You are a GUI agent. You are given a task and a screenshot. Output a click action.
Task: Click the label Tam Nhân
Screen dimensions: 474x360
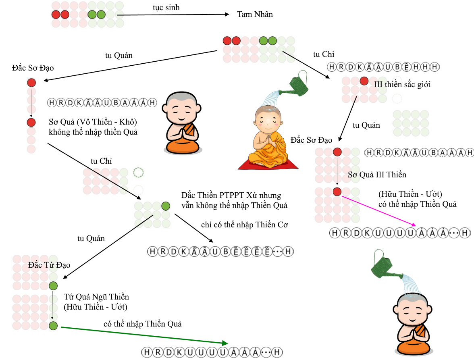(255, 14)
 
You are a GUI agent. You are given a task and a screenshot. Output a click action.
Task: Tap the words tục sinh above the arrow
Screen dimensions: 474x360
(166, 8)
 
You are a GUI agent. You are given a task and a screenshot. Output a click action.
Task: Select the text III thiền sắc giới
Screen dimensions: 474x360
(402, 84)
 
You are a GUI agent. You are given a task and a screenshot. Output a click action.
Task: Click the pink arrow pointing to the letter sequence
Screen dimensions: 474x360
(379, 211)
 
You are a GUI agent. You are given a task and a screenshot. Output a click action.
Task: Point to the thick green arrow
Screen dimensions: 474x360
(144, 335)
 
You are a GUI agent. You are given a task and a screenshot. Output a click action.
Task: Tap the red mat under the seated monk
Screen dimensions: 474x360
(268, 164)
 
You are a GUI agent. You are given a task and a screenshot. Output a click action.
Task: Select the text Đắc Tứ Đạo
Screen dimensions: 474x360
(49, 265)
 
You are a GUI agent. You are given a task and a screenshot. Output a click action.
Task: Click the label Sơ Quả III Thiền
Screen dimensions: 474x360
(377, 175)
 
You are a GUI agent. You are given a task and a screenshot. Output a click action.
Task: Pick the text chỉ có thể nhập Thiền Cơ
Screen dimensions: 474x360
(244, 225)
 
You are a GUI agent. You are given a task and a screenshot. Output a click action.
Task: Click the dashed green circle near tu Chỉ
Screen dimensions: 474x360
(138, 173)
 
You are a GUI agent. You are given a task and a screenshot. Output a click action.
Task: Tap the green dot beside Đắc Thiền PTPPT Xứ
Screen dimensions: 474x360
(166, 206)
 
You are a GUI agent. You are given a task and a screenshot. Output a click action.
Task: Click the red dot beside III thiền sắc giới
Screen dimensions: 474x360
(364, 81)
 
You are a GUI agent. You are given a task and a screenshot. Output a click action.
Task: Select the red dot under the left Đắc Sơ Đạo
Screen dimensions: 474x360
(31, 83)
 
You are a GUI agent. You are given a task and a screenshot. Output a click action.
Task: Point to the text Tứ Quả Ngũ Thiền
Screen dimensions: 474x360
(96, 297)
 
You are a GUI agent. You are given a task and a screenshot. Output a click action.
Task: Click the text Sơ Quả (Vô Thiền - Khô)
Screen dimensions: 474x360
(93, 122)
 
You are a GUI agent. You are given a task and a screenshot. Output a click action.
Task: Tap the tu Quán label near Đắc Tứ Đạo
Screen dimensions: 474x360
(91, 239)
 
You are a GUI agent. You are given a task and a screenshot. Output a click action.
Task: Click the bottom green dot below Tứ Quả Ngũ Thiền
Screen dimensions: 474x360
(53, 326)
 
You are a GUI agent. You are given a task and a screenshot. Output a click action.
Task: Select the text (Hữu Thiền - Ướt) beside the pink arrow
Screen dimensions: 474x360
(410, 194)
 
